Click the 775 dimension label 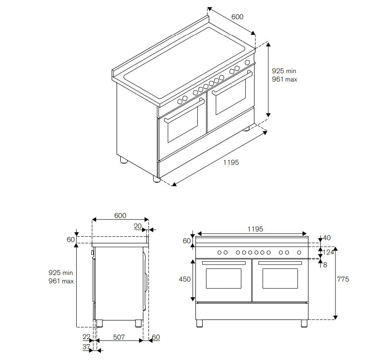click(343, 279)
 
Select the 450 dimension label click(185, 279)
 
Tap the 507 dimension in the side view click(119, 337)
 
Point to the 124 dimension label click(328, 252)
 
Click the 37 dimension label click(87, 346)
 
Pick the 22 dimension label click(87, 337)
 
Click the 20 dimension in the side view click(138, 226)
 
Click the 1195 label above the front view click(255, 229)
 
